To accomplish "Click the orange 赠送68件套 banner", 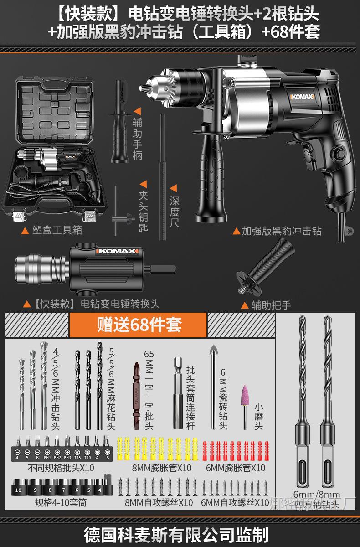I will [139, 325].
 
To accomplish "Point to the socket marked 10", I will [18, 490].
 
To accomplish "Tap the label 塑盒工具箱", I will [57, 230].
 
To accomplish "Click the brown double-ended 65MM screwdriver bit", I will [136, 394].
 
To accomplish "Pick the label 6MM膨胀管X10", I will [235, 468].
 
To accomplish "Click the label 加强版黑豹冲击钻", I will [281, 231].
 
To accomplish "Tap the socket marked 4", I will [99, 490].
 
